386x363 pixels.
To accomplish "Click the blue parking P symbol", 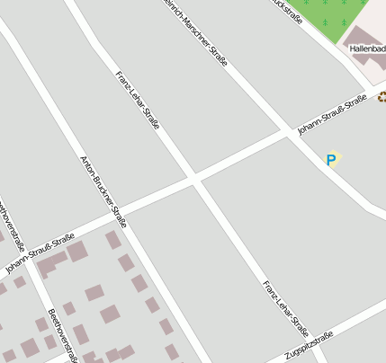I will click(331, 161).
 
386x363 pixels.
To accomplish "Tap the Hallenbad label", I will click(367, 49).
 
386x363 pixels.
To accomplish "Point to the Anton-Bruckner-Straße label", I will click(103, 192).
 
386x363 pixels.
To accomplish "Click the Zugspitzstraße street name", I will click(309, 346).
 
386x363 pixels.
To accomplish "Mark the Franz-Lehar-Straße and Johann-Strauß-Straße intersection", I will click(193, 179).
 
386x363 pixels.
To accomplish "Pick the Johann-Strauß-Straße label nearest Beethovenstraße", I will click(39, 253).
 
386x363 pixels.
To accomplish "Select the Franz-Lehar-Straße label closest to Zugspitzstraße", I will click(285, 308).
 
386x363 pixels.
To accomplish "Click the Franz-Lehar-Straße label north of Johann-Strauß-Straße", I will click(137, 99).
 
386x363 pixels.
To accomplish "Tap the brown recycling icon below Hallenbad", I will click(382, 96).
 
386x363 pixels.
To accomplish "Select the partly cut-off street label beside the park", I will click(287, 7).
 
